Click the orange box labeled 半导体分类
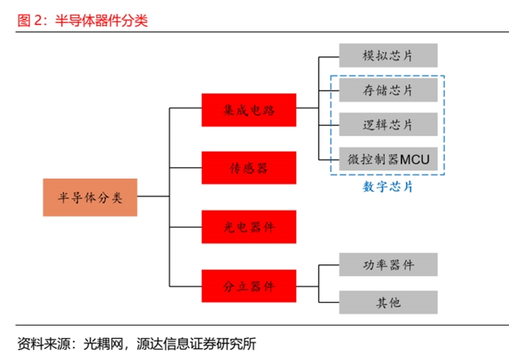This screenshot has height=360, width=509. tap(90, 197)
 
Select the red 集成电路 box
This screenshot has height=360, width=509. tap(249, 110)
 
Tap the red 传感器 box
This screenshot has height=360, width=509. tap(249, 167)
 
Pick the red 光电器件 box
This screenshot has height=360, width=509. tap(249, 227)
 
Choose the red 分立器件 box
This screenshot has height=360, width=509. tap(249, 286)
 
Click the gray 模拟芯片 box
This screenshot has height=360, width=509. tap(388, 56)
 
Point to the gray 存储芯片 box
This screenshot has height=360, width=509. tap(388, 90)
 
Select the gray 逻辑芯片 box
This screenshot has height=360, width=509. tap(388, 124)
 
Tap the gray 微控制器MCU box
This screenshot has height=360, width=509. tap(388, 159)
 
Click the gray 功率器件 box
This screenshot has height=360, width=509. tap(388, 265)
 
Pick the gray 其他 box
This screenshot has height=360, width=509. tap(388, 302)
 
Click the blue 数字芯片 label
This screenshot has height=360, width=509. tap(388, 186)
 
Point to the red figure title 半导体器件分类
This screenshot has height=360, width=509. tap(101, 20)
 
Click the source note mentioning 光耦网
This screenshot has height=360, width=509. tap(137, 344)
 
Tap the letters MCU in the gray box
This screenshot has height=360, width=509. tap(415, 159)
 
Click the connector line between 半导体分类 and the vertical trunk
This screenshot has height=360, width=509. tap(153, 196)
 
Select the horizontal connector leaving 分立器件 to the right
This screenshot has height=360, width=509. tap(308, 286)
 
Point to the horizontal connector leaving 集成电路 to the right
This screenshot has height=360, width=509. tap(308, 108)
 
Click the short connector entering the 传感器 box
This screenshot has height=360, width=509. tap(186, 167)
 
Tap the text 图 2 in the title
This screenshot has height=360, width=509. tap(30, 20)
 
